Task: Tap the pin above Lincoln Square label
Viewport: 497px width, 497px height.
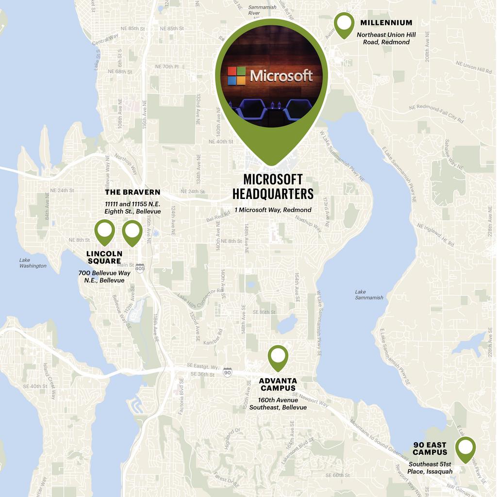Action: [104, 232]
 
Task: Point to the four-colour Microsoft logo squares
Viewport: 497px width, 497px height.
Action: [236, 76]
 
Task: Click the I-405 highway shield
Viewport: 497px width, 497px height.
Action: [140, 268]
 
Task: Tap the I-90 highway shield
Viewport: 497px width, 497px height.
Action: [227, 372]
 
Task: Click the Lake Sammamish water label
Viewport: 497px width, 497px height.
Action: [369, 295]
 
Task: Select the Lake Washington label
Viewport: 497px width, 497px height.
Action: [33, 263]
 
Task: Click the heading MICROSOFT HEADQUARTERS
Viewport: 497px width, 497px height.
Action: [273, 187]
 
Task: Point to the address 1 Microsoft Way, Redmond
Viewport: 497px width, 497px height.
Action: [273, 210]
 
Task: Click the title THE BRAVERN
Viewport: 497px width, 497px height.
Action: [133, 192]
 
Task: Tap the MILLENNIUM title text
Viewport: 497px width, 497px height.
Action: [386, 23]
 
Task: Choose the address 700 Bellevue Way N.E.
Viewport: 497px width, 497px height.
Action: [104, 277]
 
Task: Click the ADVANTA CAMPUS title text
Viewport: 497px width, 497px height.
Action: [278, 384]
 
